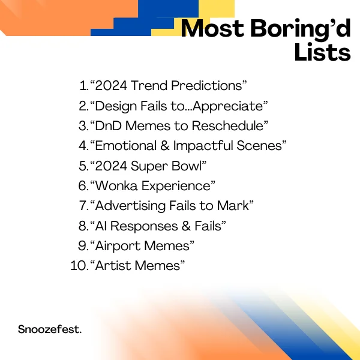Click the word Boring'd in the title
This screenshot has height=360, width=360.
pos(301,29)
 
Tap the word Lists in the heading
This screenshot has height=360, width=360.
pos(323,52)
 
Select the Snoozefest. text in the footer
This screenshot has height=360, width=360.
pos(50,329)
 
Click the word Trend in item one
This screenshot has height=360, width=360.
pos(149,85)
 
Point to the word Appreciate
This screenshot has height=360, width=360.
pos(228,106)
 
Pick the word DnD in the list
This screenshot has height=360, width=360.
pos(108,126)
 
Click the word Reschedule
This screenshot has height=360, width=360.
pos(228,126)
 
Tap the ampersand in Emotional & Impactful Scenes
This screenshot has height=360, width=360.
pos(165,146)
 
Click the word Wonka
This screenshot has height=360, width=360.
pos(116,185)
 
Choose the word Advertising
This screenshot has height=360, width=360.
pos(130,206)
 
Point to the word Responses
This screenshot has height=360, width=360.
pos(144,226)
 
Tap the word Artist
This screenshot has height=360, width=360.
pos(115,266)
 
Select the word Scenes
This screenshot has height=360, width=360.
pos(259,146)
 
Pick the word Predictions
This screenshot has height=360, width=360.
pos(206,85)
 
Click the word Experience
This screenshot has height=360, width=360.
pos(176,186)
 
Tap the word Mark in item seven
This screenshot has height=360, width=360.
pos(233,205)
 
